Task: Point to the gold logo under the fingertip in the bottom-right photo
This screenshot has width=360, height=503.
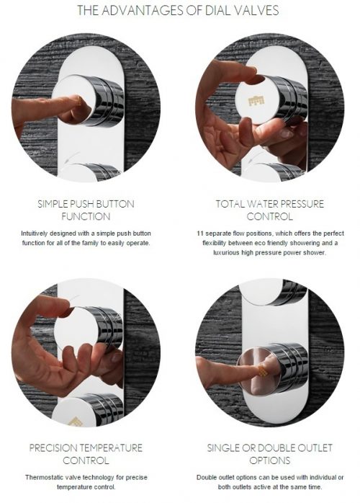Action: pyautogui.click(x=264, y=370)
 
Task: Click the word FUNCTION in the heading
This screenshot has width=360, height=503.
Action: pyautogui.click(x=86, y=216)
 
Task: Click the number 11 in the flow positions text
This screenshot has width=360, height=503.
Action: pyautogui.click(x=200, y=233)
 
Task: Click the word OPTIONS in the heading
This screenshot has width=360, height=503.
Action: pyautogui.click(x=269, y=460)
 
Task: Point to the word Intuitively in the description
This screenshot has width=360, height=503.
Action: pyautogui.click(x=35, y=233)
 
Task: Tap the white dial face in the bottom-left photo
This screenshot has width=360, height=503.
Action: pyautogui.click(x=76, y=328)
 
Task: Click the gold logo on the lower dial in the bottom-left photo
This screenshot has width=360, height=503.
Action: pyautogui.click(x=75, y=422)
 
